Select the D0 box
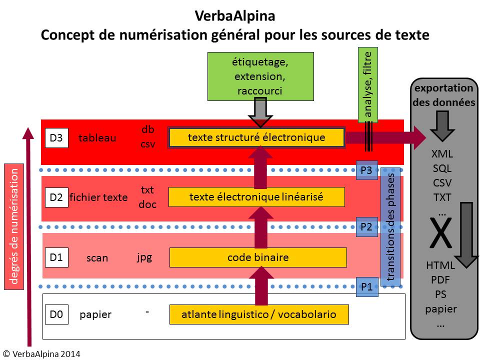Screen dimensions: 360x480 click(55, 314)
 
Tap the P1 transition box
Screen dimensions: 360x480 click(366, 287)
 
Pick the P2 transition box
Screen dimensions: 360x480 click(366, 226)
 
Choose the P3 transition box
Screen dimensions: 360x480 click(366, 170)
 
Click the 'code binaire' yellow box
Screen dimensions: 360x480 click(258, 257)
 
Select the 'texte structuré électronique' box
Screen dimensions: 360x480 click(256, 137)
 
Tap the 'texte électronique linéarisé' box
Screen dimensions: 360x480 click(256, 197)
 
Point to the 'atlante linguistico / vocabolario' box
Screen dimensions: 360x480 click(258, 314)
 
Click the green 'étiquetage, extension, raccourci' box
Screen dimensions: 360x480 click(260, 77)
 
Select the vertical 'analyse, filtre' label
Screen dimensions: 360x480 click(368, 85)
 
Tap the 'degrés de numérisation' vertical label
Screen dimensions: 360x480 click(14, 226)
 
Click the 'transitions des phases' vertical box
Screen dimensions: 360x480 click(391, 227)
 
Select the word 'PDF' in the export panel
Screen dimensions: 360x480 click(440, 280)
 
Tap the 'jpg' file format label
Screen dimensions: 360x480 click(144, 257)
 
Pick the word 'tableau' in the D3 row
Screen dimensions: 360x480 click(97, 138)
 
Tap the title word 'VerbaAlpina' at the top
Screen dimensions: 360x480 click(234, 16)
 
